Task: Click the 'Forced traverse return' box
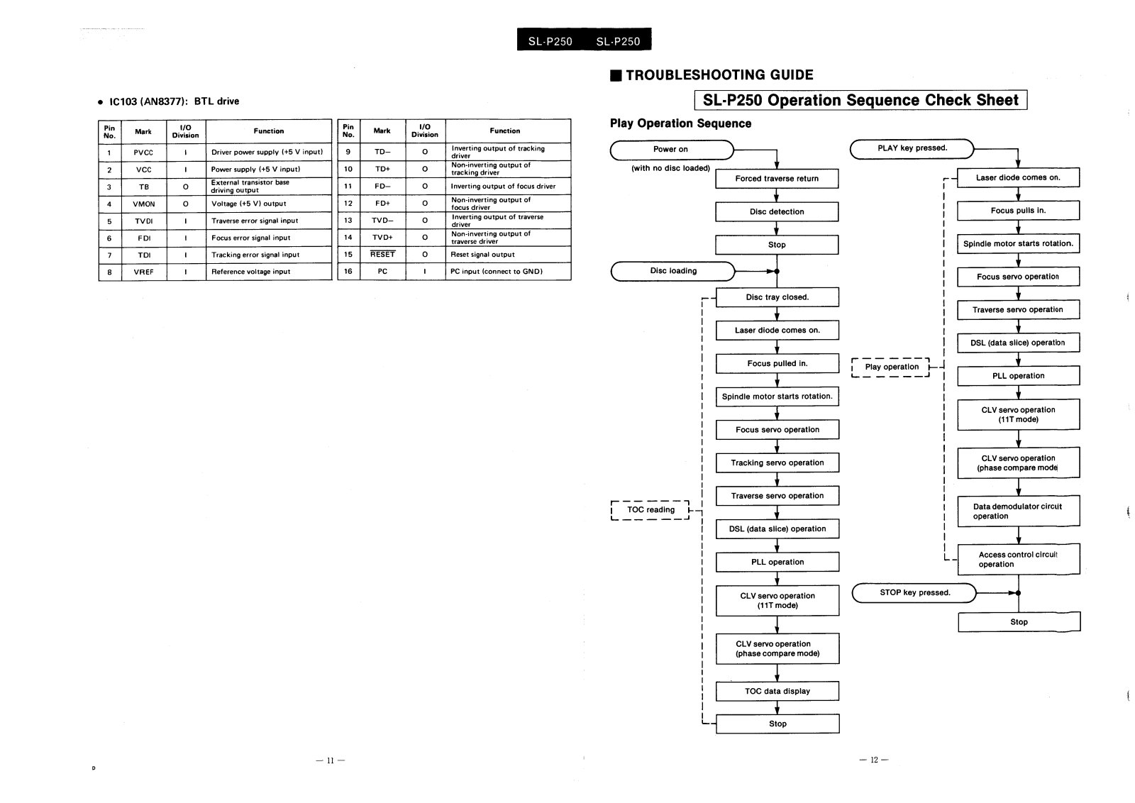777,179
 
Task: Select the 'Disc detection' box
777,212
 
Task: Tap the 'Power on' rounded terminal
671,150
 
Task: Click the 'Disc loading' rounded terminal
673,271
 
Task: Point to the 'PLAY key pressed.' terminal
912,148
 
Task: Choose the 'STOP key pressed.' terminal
914,593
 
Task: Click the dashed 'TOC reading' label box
650,510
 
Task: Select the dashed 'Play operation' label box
891,367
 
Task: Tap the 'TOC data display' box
777,692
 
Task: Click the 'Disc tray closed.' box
777,298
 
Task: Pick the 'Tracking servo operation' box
777,463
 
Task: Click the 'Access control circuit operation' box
1018,560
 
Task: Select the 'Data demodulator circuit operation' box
1018,511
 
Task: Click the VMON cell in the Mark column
144,204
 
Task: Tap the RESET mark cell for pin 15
382,255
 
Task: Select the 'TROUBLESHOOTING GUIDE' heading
719,75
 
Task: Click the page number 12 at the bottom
874,760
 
